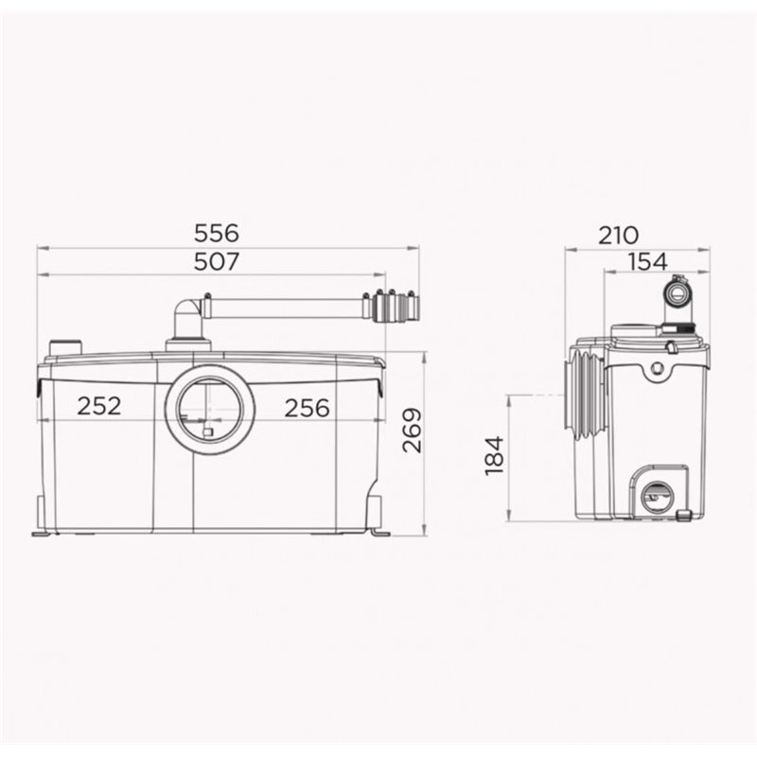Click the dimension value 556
[217, 233]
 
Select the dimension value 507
[217, 262]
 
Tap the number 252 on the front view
[99, 406]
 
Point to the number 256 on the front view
[307, 408]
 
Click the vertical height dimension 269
[412, 431]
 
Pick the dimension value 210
[619, 236]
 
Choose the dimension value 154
[648, 262]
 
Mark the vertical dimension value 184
[494, 456]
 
